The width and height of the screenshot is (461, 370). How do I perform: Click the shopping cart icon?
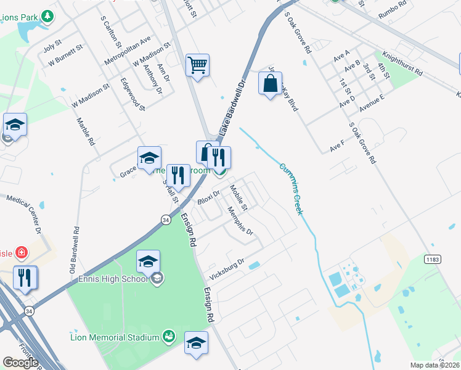click(x=197, y=64)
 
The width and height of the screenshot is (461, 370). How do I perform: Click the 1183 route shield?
click(x=432, y=260)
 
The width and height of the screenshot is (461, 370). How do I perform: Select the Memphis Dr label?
click(x=240, y=221)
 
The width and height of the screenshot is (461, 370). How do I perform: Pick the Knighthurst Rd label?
click(x=402, y=64)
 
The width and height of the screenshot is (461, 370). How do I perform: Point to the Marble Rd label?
click(x=86, y=131)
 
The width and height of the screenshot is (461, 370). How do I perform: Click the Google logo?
click(x=20, y=362)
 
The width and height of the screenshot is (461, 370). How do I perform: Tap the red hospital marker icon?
click(x=22, y=252)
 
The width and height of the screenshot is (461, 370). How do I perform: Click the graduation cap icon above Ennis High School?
click(x=148, y=260)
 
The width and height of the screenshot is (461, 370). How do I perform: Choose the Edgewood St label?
click(x=133, y=94)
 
